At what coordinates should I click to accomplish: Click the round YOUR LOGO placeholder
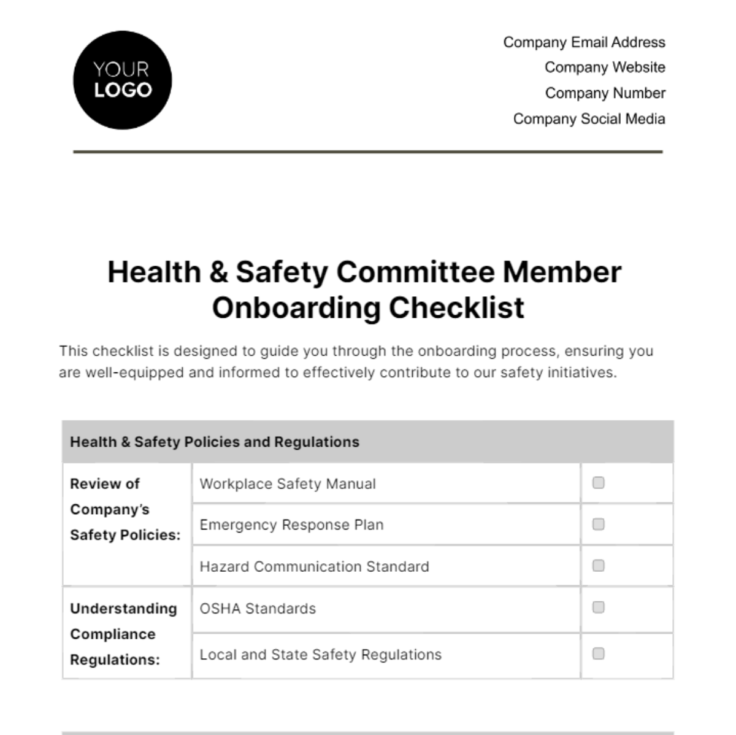click(122, 80)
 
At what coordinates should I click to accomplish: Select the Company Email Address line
click(584, 42)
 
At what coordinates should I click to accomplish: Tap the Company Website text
click(604, 67)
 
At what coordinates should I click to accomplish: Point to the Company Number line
click(605, 93)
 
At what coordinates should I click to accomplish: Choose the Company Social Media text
click(589, 119)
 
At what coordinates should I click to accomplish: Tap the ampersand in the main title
click(218, 272)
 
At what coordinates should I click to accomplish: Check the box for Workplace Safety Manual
click(599, 483)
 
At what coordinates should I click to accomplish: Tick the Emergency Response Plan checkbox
click(599, 524)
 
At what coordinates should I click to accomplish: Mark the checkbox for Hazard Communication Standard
click(599, 566)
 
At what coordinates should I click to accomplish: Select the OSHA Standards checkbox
click(599, 607)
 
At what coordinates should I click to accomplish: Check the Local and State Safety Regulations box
click(599, 654)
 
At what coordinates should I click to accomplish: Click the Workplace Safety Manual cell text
click(288, 484)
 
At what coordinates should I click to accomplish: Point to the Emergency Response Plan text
click(291, 525)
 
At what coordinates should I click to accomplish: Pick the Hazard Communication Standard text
click(314, 567)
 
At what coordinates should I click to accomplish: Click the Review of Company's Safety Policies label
click(125, 509)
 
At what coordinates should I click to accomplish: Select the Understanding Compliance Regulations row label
click(123, 634)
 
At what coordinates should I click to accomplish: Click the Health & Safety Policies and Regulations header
click(215, 442)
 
